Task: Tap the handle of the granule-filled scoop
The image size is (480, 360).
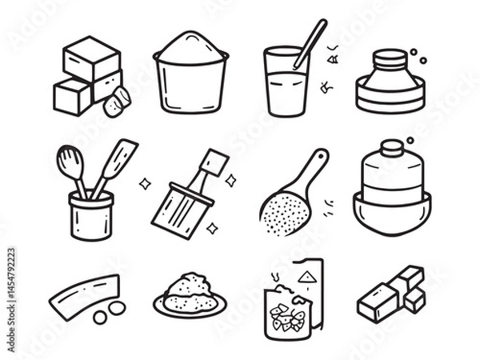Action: (314, 164)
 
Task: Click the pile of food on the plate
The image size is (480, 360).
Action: (190, 289)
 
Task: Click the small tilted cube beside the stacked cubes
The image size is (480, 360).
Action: (117, 102)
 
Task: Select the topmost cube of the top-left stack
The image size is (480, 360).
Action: (92, 58)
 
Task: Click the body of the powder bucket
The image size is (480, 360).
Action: (190, 86)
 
